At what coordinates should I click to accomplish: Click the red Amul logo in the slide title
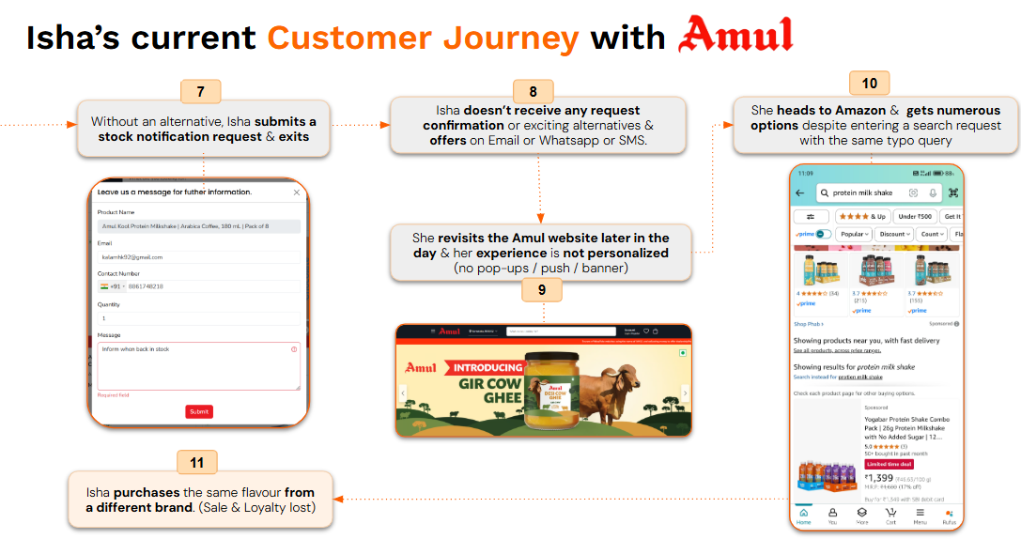[x=736, y=35]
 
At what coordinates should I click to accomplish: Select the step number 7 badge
[x=200, y=91]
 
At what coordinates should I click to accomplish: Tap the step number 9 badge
[x=542, y=290]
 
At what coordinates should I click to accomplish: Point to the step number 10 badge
[x=869, y=84]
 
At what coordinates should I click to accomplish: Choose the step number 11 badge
[x=196, y=462]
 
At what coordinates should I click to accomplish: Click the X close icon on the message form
[x=297, y=192]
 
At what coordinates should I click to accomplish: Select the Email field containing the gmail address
[x=198, y=256]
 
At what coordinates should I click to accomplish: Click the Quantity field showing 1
[x=198, y=318]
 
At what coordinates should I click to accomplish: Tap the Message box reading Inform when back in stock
[x=198, y=365]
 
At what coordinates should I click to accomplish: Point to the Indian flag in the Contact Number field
[x=105, y=286]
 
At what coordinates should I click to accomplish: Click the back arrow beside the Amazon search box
[x=800, y=192]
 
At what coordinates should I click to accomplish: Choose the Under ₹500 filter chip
[x=914, y=216]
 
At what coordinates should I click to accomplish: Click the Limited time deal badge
[x=889, y=464]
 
